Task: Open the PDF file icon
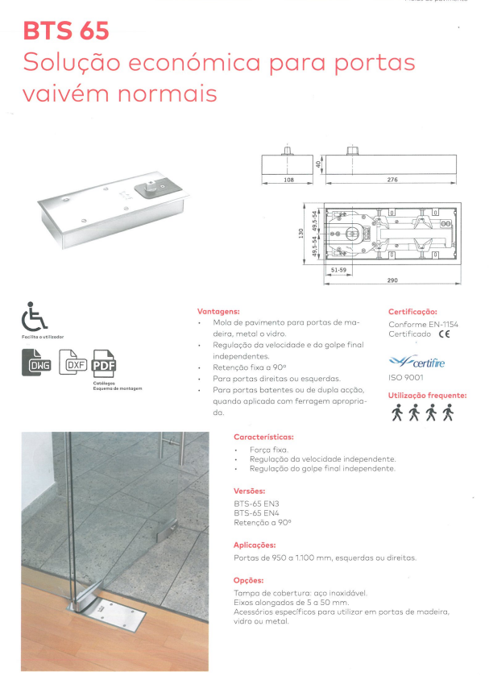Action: coord(104,365)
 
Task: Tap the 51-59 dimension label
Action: coord(338,270)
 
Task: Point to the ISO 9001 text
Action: coord(407,377)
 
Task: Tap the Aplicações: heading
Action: coord(255,545)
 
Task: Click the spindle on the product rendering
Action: coord(150,189)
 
